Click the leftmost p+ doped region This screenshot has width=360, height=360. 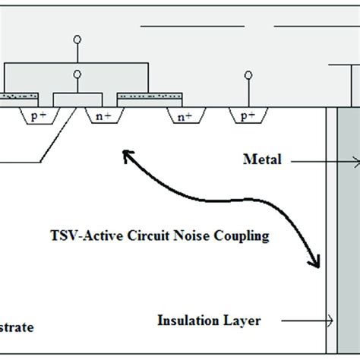tap(36, 117)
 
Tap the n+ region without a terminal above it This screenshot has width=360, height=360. tap(184, 117)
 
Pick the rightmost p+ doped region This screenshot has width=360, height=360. tap(247, 117)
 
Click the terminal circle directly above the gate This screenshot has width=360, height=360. tap(76, 74)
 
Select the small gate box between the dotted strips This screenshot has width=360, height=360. tap(76, 99)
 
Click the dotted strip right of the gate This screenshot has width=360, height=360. tap(148, 96)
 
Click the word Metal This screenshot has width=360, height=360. tap(262, 159)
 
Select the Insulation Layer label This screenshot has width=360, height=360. tap(209, 321)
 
